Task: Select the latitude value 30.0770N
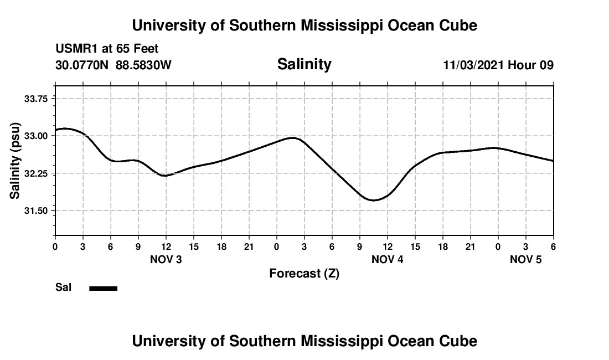[82, 65]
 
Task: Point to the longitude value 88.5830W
[143, 65]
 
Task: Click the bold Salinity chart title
[304, 64]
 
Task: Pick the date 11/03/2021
[473, 65]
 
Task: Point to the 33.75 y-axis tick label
[33, 98]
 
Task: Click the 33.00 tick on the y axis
[33, 136]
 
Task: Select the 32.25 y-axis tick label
[33, 173]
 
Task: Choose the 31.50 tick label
[33, 210]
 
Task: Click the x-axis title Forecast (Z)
[304, 273]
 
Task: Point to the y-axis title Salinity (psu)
[15, 160]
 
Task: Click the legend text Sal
[63, 287]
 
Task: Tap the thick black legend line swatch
[104, 288]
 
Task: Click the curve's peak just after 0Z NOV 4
[293, 137]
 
